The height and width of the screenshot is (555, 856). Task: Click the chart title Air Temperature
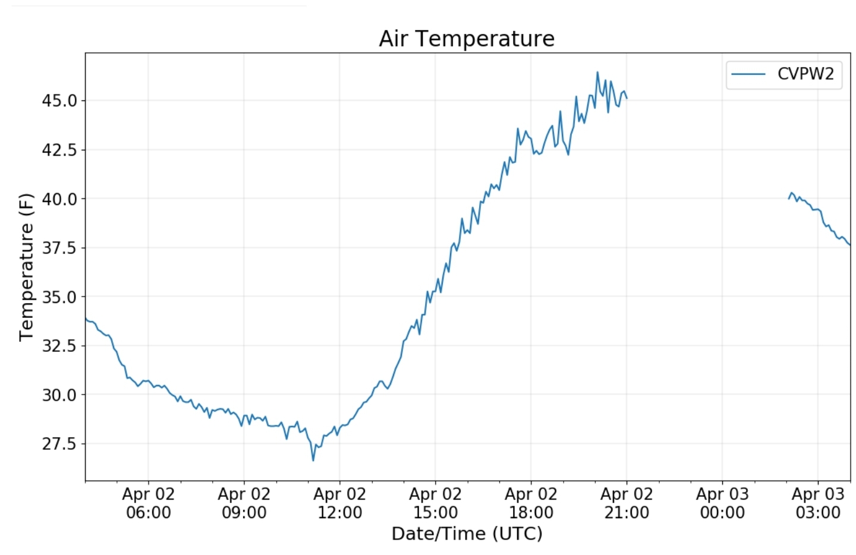(x=467, y=39)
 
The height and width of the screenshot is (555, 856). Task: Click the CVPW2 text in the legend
(x=805, y=74)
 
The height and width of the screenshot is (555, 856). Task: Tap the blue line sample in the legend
(x=748, y=74)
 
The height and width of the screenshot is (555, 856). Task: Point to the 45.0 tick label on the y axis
(x=59, y=101)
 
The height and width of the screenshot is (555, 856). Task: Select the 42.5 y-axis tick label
(x=59, y=150)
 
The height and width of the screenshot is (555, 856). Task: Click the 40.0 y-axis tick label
(x=59, y=199)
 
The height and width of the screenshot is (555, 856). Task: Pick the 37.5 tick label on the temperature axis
(x=59, y=248)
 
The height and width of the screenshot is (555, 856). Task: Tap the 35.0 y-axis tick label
(x=59, y=297)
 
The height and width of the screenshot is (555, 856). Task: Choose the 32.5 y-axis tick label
(x=59, y=346)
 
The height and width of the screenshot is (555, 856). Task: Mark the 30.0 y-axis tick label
(x=59, y=395)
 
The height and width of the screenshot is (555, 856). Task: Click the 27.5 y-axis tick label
(x=59, y=444)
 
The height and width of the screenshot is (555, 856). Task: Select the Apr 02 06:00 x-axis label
(x=148, y=503)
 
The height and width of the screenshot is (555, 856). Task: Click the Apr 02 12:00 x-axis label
(x=339, y=503)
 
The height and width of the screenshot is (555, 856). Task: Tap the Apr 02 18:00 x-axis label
(x=531, y=503)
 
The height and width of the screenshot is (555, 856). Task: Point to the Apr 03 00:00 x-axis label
(x=722, y=503)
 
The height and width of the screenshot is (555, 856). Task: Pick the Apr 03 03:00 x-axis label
(x=818, y=503)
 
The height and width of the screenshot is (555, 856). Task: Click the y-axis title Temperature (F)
(x=26, y=267)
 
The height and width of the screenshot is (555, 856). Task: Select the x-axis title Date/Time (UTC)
(x=467, y=534)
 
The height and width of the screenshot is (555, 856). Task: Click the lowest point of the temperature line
(x=313, y=460)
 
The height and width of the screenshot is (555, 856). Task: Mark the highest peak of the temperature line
(x=597, y=72)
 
